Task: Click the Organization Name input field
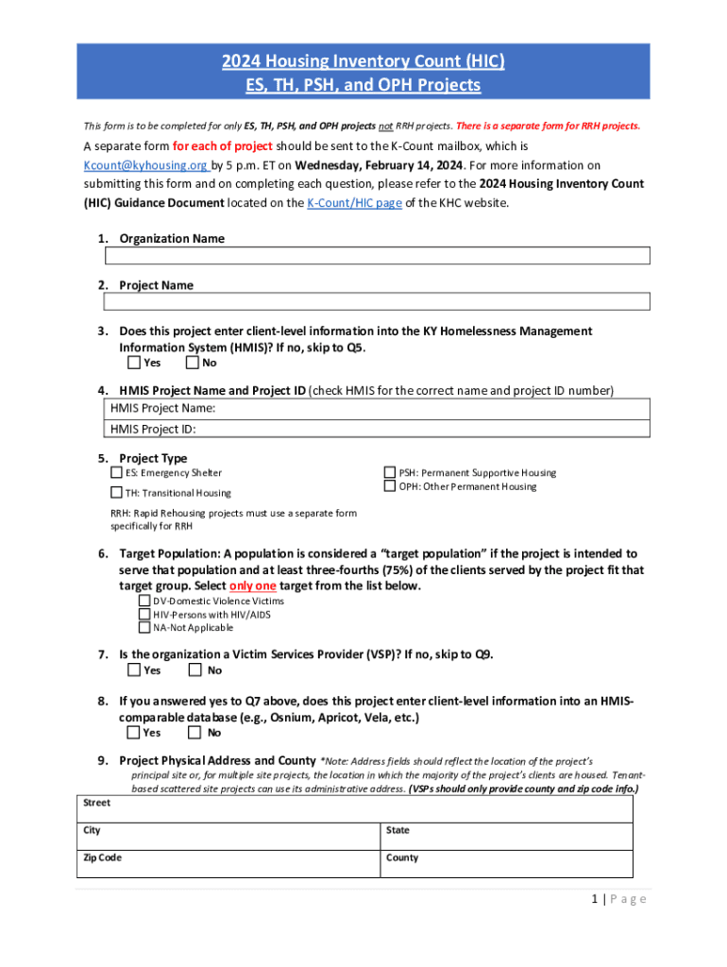(377, 256)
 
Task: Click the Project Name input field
(377, 301)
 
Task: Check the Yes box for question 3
(134, 363)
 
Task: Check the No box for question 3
(193, 363)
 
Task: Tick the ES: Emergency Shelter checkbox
(116, 472)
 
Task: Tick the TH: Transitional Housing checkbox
(116, 492)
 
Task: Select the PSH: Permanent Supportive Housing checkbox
(389, 472)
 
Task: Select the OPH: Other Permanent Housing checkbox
(389, 486)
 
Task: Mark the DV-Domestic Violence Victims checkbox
(144, 601)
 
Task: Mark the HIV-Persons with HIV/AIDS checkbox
(144, 614)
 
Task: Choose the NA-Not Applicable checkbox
(144, 627)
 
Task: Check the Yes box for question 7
(134, 670)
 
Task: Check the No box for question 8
(194, 732)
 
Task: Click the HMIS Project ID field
(377, 429)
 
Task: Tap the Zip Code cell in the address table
(227, 864)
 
